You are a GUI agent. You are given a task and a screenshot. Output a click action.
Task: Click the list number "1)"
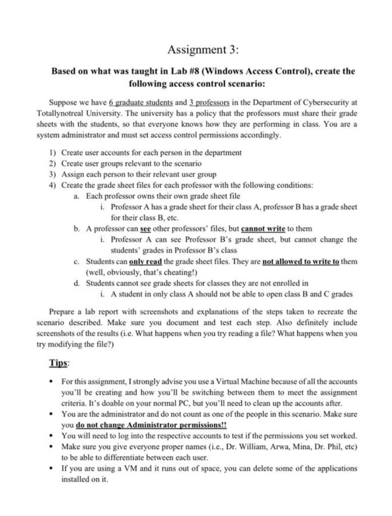click(52, 152)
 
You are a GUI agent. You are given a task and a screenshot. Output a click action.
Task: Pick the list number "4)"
click(52, 185)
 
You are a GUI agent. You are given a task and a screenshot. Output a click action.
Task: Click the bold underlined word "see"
click(146, 228)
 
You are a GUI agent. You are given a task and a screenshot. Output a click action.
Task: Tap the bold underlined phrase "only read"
click(146, 262)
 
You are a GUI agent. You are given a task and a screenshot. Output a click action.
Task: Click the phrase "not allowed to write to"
click(301, 262)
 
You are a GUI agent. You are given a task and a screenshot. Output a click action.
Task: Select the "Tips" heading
click(59, 363)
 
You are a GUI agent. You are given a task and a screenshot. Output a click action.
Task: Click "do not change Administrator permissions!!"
click(152, 425)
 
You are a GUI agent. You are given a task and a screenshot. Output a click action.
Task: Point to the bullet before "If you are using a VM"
click(52, 468)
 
